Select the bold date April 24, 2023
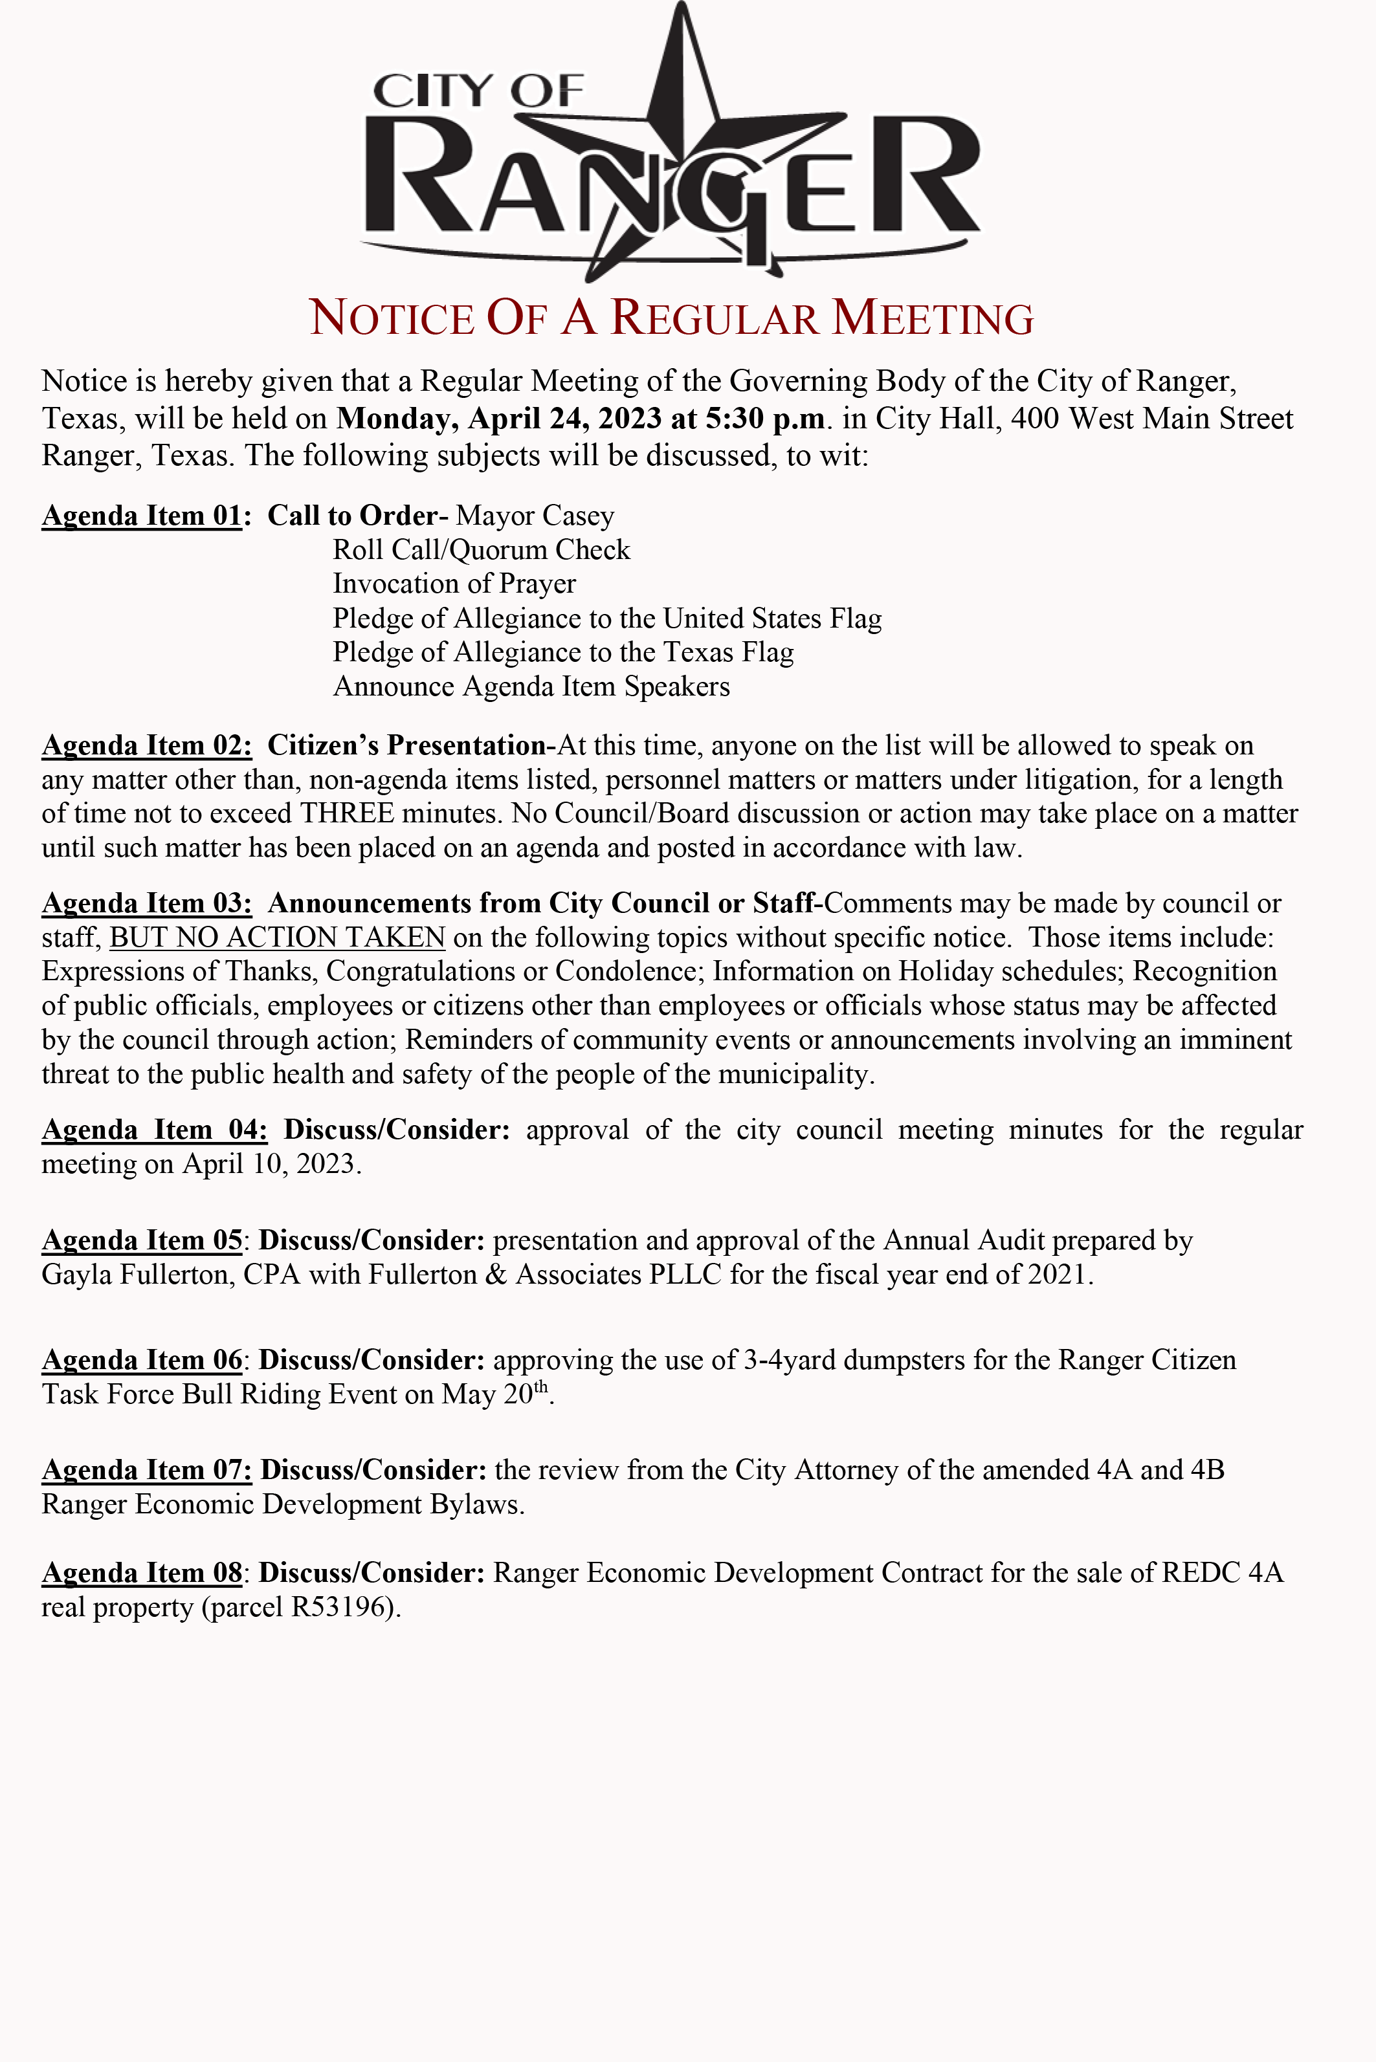[563, 419]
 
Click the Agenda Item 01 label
[141, 516]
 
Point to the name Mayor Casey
[535, 516]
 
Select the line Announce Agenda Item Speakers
[531, 686]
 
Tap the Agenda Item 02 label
[146, 745]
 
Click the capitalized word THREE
[347, 814]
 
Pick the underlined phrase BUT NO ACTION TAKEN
[277, 938]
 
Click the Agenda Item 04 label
[155, 1130]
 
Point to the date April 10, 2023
[271, 1165]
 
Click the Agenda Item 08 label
[141, 1574]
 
